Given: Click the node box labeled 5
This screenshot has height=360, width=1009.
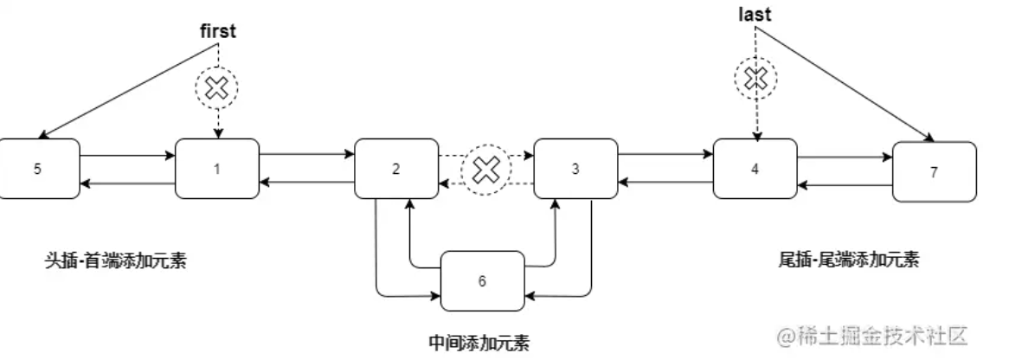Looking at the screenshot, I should click(x=38, y=169).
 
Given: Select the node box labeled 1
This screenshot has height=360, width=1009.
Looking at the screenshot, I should click(x=217, y=169).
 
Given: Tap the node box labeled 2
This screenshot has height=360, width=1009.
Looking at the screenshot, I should click(x=396, y=169).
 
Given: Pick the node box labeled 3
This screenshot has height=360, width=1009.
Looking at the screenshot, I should click(x=575, y=169).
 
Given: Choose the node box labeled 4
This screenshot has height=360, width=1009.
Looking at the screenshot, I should click(x=755, y=169).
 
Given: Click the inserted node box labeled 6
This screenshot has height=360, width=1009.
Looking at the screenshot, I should click(x=483, y=281).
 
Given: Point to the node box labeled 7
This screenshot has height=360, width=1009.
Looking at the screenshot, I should click(x=934, y=171).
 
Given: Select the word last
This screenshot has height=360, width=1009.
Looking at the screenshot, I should click(x=755, y=16).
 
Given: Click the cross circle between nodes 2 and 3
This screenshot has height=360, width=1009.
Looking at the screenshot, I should click(x=485, y=170).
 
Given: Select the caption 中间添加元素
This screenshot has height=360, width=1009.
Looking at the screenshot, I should click(x=479, y=340).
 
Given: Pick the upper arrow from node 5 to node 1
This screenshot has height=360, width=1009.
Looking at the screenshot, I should click(x=127, y=157).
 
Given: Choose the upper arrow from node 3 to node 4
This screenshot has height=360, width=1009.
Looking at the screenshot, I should click(x=665, y=157).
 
